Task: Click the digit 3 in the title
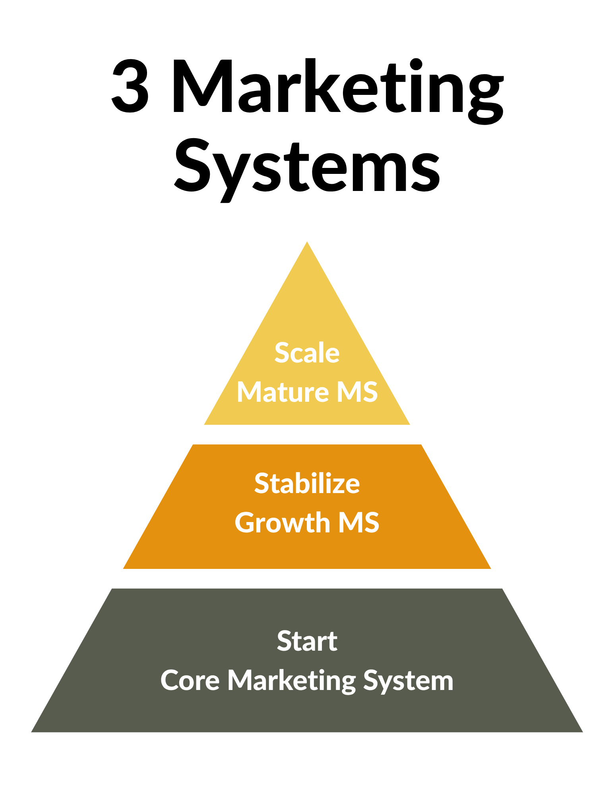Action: (130, 86)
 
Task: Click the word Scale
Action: (307, 353)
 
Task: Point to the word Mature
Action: (283, 392)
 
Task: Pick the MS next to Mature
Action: (357, 392)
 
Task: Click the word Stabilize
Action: (307, 484)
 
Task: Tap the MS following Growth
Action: (358, 522)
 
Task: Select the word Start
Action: (307, 641)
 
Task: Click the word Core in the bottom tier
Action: (190, 680)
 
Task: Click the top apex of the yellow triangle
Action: (307, 243)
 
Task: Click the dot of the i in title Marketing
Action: (416, 64)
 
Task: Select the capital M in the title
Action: (203, 86)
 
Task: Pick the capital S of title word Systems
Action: (192, 165)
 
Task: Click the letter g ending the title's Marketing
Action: (486, 97)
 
